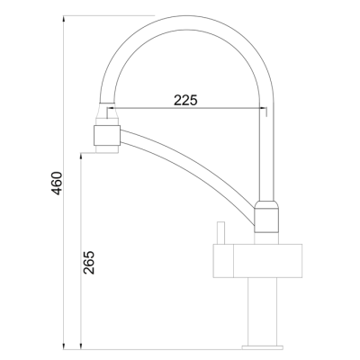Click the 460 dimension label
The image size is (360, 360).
point(57,183)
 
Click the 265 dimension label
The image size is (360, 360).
point(88,262)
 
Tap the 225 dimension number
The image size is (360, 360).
point(185,100)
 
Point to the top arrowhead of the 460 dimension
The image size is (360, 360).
point(63,19)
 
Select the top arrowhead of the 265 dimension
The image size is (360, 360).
point(81,157)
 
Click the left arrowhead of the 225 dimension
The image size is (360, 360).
point(111,108)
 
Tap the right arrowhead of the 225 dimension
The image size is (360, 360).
point(263,108)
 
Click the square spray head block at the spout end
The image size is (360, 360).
point(107,136)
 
